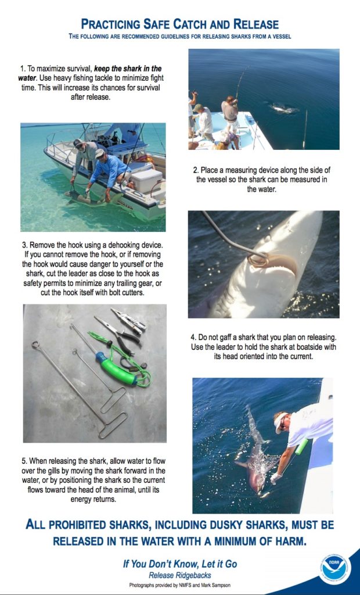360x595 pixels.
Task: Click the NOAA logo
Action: click(x=336, y=567)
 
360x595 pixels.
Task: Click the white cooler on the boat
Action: click(x=147, y=180)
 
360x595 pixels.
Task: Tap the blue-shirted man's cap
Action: click(x=100, y=153)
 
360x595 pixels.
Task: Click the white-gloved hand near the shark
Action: click(x=276, y=478)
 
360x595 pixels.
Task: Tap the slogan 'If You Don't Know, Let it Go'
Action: click(x=180, y=564)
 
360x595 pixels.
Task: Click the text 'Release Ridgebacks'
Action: click(x=179, y=575)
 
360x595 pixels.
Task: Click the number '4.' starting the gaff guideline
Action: click(x=193, y=337)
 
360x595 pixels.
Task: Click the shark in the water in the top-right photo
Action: click(x=285, y=108)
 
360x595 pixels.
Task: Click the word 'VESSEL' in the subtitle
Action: click(x=276, y=37)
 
